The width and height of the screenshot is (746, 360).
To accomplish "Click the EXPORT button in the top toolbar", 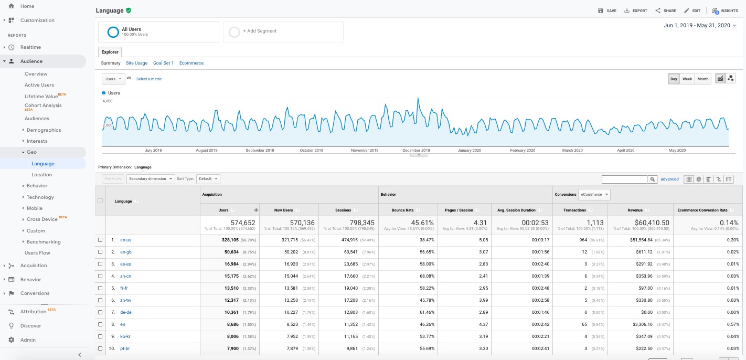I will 635,10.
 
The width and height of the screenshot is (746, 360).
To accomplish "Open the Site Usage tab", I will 136,63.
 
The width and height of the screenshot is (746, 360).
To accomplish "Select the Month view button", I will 702,79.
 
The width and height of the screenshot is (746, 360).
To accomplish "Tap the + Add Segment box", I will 283,31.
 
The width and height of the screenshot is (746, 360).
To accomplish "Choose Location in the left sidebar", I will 41,175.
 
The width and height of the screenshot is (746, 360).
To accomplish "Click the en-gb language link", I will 125,252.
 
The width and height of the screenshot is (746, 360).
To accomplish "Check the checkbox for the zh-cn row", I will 100,276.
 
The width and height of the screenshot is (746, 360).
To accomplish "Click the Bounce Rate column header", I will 402,210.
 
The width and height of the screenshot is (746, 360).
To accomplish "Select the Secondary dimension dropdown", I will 151,179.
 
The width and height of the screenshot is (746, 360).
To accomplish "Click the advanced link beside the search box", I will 669,179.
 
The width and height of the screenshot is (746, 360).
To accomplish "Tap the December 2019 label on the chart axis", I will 416,150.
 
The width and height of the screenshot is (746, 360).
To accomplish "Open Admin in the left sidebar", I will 28,340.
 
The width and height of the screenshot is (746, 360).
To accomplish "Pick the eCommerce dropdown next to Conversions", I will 594,194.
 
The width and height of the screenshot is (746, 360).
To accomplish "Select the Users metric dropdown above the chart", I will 113,79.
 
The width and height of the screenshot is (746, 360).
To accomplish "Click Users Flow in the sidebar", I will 37,253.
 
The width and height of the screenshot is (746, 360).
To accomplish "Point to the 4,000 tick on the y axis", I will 108,101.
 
